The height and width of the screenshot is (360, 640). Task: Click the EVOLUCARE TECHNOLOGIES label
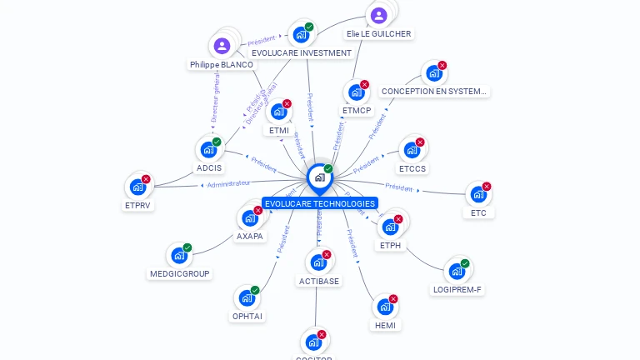pos(319,203)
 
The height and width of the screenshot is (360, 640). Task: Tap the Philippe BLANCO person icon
pos(221,46)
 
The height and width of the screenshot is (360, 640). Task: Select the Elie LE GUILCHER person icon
pos(378,16)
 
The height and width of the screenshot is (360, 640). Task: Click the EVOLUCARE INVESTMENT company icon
pos(301,35)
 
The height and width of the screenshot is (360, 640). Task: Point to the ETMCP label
pos(357,110)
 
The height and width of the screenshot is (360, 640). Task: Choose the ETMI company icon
pos(278,112)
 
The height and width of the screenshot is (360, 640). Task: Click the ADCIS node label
pos(209,168)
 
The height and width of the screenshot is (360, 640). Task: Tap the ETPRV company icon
pos(137,187)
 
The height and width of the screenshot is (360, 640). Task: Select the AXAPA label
pos(249,236)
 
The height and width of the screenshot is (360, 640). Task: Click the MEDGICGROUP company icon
pos(179,255)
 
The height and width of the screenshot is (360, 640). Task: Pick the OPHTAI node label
pos(247,317)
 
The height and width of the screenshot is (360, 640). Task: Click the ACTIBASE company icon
pos(317,262)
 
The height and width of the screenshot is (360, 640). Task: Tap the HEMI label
pos(385,325)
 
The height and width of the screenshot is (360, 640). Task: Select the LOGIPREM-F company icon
pos(457,271)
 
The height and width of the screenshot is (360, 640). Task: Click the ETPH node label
pos(390,245)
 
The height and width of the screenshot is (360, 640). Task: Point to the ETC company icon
pos(478,194)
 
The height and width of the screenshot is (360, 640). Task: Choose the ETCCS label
pos(412,168)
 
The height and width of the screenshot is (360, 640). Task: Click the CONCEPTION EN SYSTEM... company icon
pos(433,72)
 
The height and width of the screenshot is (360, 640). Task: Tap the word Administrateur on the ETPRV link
pos(228,183)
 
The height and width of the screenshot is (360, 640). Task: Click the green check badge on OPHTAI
pos(255,290)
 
